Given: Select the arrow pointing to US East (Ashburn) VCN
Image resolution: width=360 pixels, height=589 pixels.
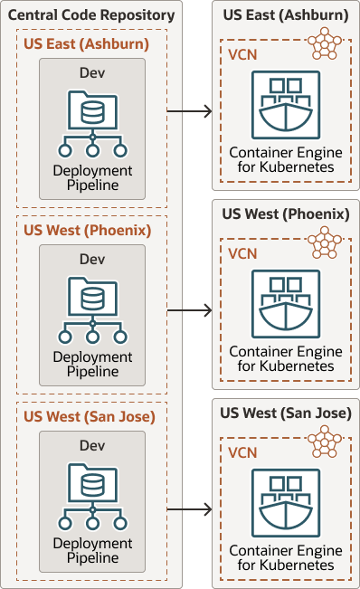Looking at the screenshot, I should pyautogui.click(x=189, y=111).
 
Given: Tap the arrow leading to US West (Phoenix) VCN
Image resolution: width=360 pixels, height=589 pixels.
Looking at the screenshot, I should pyautogui.click(x=189, y=310).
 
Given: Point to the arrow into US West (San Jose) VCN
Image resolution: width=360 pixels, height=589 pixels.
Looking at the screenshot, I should pyautogui.click(x=189, y=509).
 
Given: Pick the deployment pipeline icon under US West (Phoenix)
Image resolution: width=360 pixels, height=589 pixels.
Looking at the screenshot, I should pyautogui.click(x=91, y=311).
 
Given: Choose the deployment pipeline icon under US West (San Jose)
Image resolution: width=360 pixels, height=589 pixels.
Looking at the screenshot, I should pyautogui.click(x=91, y=498).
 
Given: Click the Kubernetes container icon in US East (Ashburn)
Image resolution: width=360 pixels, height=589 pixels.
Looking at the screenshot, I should pyautogui.click(x=286, y=104).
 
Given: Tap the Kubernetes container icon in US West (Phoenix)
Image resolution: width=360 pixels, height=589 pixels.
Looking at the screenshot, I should pyautogui.click(x=286, y=303).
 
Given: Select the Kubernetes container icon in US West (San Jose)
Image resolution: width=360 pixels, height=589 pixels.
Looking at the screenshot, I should pyautogui.click(x=286, y=502).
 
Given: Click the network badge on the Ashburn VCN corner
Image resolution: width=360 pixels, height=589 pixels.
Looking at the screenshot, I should pyautogui.click(x=325, y=43).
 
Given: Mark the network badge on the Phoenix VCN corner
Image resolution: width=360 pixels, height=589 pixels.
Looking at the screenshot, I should pyautogui.click(x=325, y=242).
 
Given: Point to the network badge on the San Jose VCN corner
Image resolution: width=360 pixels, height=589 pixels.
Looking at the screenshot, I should pyautogui.click(x=325, y=442).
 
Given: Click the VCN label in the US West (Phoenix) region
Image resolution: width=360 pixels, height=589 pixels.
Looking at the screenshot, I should pyautogui.click(x=242, y=254).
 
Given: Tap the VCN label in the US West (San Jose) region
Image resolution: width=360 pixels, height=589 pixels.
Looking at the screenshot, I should pyautogui.click(x=242, y=453).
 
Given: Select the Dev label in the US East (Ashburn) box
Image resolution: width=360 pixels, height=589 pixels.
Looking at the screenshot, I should pyautogui.click(x=91, y=72).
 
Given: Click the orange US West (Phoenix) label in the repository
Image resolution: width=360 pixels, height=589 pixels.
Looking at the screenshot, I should pyautogui.click(x=87, y=230).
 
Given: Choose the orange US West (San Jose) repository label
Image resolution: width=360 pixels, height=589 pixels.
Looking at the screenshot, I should pyautogui.click(x=90, y=416).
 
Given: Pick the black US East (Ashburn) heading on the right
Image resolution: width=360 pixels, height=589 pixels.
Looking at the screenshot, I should pyautogui.click(x=285, y=15).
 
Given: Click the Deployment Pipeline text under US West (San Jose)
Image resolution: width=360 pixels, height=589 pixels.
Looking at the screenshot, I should pyautogui.click(x=91, y=550).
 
